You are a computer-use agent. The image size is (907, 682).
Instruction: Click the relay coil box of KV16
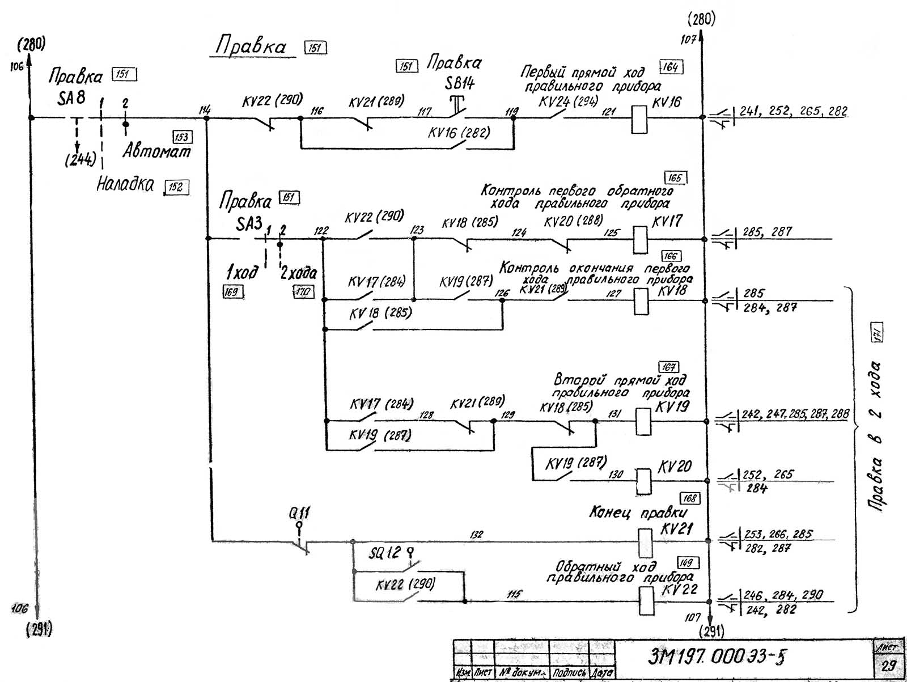click(x=639, y=119)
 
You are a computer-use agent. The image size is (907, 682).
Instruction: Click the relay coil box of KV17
click(x=640, y=239)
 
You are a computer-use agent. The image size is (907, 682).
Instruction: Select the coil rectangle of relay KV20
click(x=643, y=482)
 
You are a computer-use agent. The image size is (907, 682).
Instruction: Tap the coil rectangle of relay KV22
click(x=646, y=601)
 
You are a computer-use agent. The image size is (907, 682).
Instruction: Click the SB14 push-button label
click(x=459, y=83)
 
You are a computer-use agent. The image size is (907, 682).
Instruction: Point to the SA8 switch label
click(x=71, y=98)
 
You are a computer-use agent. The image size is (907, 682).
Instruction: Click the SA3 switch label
click(x=249, y=224)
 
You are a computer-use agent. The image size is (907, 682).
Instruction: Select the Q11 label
click(x=299, y=513)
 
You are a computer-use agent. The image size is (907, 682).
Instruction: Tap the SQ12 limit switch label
click(x=385, y=553)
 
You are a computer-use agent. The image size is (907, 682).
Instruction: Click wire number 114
click(x=205, y=110)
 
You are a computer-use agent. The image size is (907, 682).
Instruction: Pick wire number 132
click(x=477, y=534)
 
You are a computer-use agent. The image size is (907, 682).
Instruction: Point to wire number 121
click(x=608, y=112)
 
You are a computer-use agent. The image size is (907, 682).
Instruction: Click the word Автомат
click(x=157, y=151)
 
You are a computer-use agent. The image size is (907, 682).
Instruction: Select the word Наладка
click(x=125, y=184)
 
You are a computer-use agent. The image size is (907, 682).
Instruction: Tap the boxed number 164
click(x=671, y=67)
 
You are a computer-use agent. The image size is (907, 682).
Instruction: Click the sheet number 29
click(x=887, y=664)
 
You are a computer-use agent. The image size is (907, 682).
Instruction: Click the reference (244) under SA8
click(x=80, y=160)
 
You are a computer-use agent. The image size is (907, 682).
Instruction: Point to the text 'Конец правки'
click(x=638, y=513)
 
